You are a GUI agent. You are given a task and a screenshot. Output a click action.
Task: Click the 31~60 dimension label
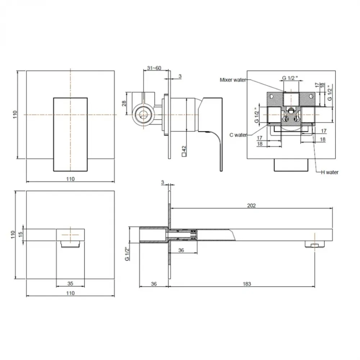pyautogui.click(x=154, y=68)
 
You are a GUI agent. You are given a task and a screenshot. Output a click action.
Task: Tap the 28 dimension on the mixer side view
pyautogui.click(x=124, y=103)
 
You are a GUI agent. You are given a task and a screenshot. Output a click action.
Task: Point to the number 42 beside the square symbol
pyautogui.click(x=184, y=148)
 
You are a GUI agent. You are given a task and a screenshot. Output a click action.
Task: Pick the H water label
pyautogui.click(x=330, y=172)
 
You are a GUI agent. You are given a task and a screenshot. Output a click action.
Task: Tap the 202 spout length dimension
pyautogui.click(x=251, y=206)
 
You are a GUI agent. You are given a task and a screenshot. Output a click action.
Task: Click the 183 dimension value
pyautogui.click(x=247, y=284)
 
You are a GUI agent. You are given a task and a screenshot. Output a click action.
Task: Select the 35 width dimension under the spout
pyautogui.click(x=70, y=284)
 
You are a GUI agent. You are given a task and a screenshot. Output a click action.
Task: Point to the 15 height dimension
pyautogui.click(x=21, y=234)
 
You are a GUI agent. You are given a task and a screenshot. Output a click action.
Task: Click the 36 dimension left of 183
pyautogui.click(x=154, y=284)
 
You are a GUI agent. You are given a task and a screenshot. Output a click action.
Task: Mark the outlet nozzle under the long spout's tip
pyautogui.click(x=314, y=245)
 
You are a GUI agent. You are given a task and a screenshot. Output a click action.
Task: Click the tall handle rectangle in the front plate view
pyautogui.click(x=70, y=134)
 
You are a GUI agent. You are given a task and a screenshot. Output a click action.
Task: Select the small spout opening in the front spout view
pyautogui.click(x=70, y=245)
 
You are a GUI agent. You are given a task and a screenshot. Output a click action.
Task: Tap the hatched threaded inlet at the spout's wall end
pyautogui.click(x=153, y=235)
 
